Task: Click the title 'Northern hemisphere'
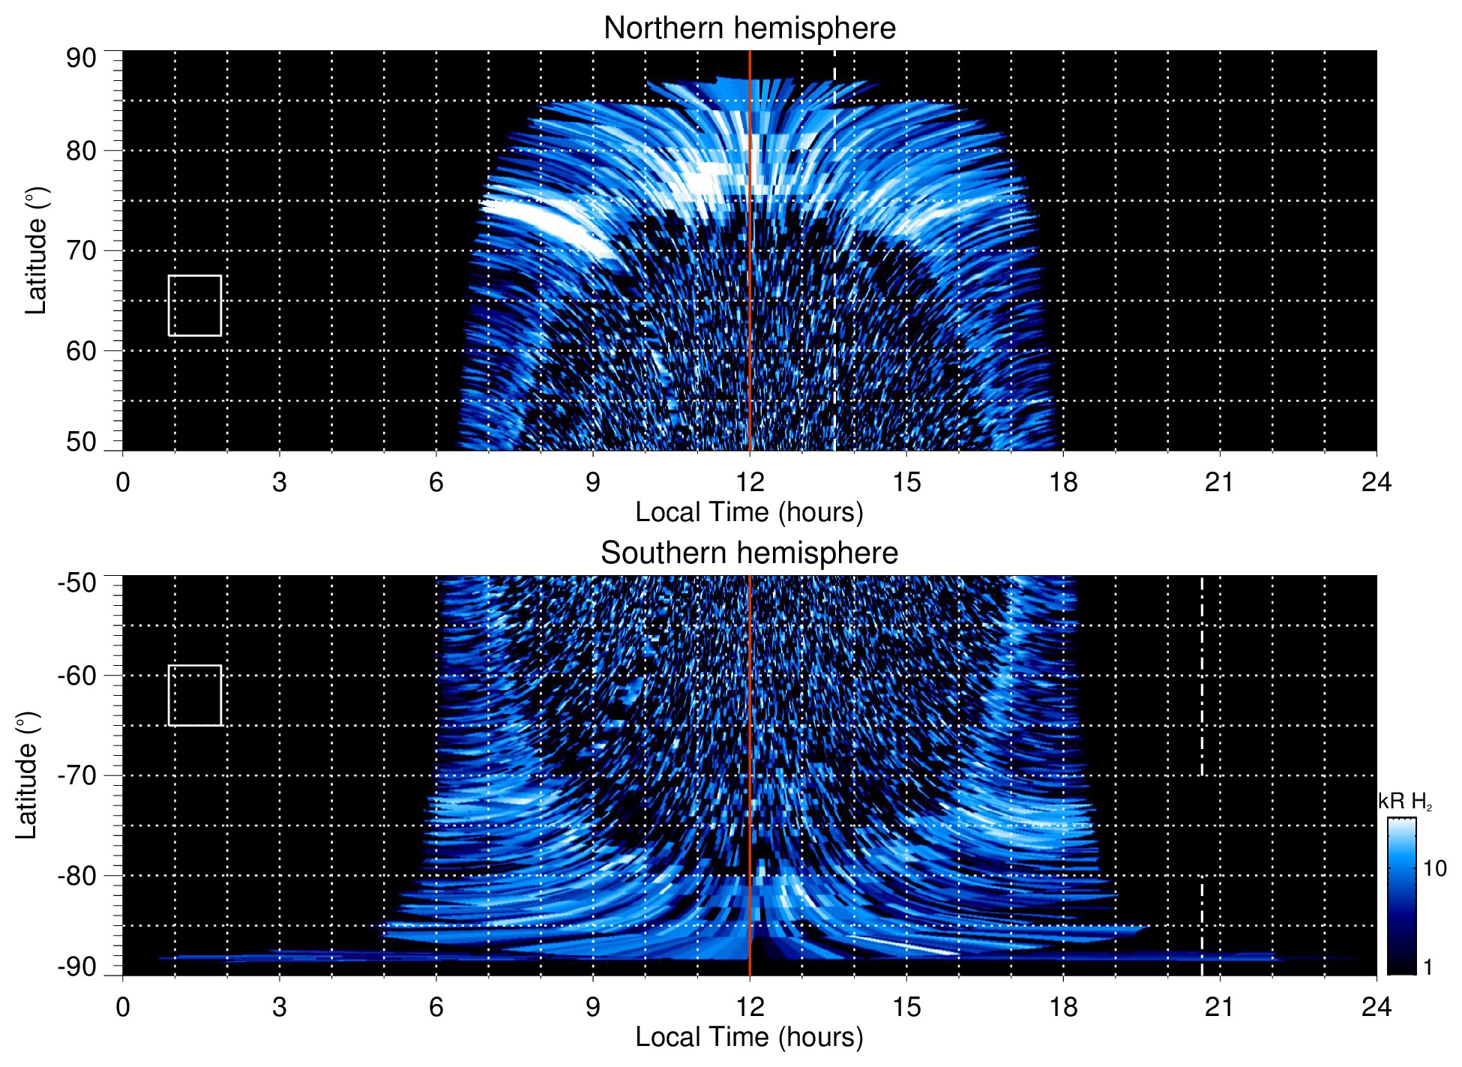[x=749, y=28]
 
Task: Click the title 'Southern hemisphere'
[x=749, y=553]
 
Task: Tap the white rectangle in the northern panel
[x=195, y=306]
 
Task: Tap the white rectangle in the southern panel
[x=195, y=695]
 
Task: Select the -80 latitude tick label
[x=77, y=876]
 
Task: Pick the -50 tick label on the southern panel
[x=77, y=583]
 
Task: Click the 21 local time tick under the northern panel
[x=1219, y=482]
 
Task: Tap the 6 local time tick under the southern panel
[x=436, y=1007]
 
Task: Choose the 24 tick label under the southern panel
[x=1376, y=1007]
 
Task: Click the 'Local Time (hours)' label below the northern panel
[x=749, y=513]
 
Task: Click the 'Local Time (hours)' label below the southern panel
[x=749, y=1037]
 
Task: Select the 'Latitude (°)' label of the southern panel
[x=27, y=776]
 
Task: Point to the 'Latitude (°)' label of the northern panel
[x=36, y=251]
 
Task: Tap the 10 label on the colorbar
[x=1434, y=869]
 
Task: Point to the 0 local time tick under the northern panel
[x=123, y=482]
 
